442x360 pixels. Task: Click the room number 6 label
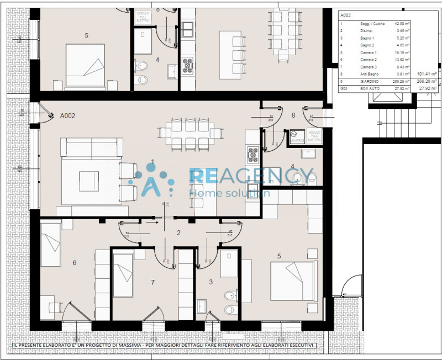click(x=75, y=263)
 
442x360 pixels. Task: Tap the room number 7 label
click(x=152, y=282)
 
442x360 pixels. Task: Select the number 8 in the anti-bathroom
click(x=293, y=116)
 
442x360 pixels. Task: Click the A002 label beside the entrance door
click(x=67, y=116)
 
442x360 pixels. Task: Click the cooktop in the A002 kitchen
click(x=253, y=155)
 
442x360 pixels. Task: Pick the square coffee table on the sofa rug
click(x=89, y=181)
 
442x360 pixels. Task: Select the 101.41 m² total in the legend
click(x=427, y=73)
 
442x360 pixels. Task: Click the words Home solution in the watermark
click(x=229, y=193)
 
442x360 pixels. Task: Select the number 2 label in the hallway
click(x=178, y=233)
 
